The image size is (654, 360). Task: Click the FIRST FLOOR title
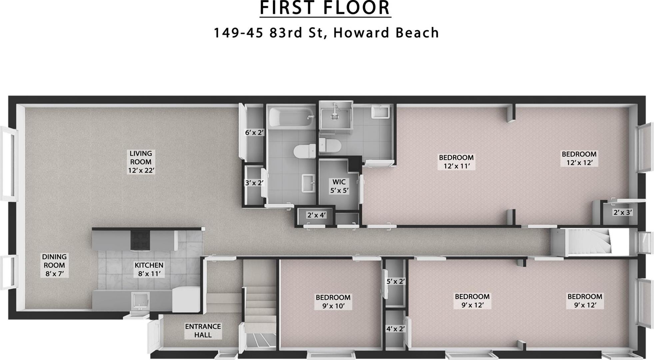click(325, 8)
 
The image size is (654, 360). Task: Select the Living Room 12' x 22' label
click(141, 162)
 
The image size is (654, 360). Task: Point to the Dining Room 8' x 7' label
click(54, 265)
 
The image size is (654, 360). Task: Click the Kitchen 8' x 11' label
click(149, 269)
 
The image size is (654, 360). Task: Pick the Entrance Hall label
click(203, 330)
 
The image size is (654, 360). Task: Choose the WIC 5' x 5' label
click(339, 186)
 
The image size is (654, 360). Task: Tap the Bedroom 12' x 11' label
click(456, 162)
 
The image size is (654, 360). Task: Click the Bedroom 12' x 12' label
click(579, 158)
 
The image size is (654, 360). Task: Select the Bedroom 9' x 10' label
click(333, 301)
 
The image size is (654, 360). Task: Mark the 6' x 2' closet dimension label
click(254, 132)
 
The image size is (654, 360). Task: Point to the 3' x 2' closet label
click(254, 183)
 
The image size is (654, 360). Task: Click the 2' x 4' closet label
click(316, 215)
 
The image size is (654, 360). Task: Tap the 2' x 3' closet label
click(623, 212)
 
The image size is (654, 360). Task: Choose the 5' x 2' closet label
click(395, 281)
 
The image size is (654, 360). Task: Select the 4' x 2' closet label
click(395, 329)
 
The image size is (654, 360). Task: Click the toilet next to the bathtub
click(305, 151)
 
